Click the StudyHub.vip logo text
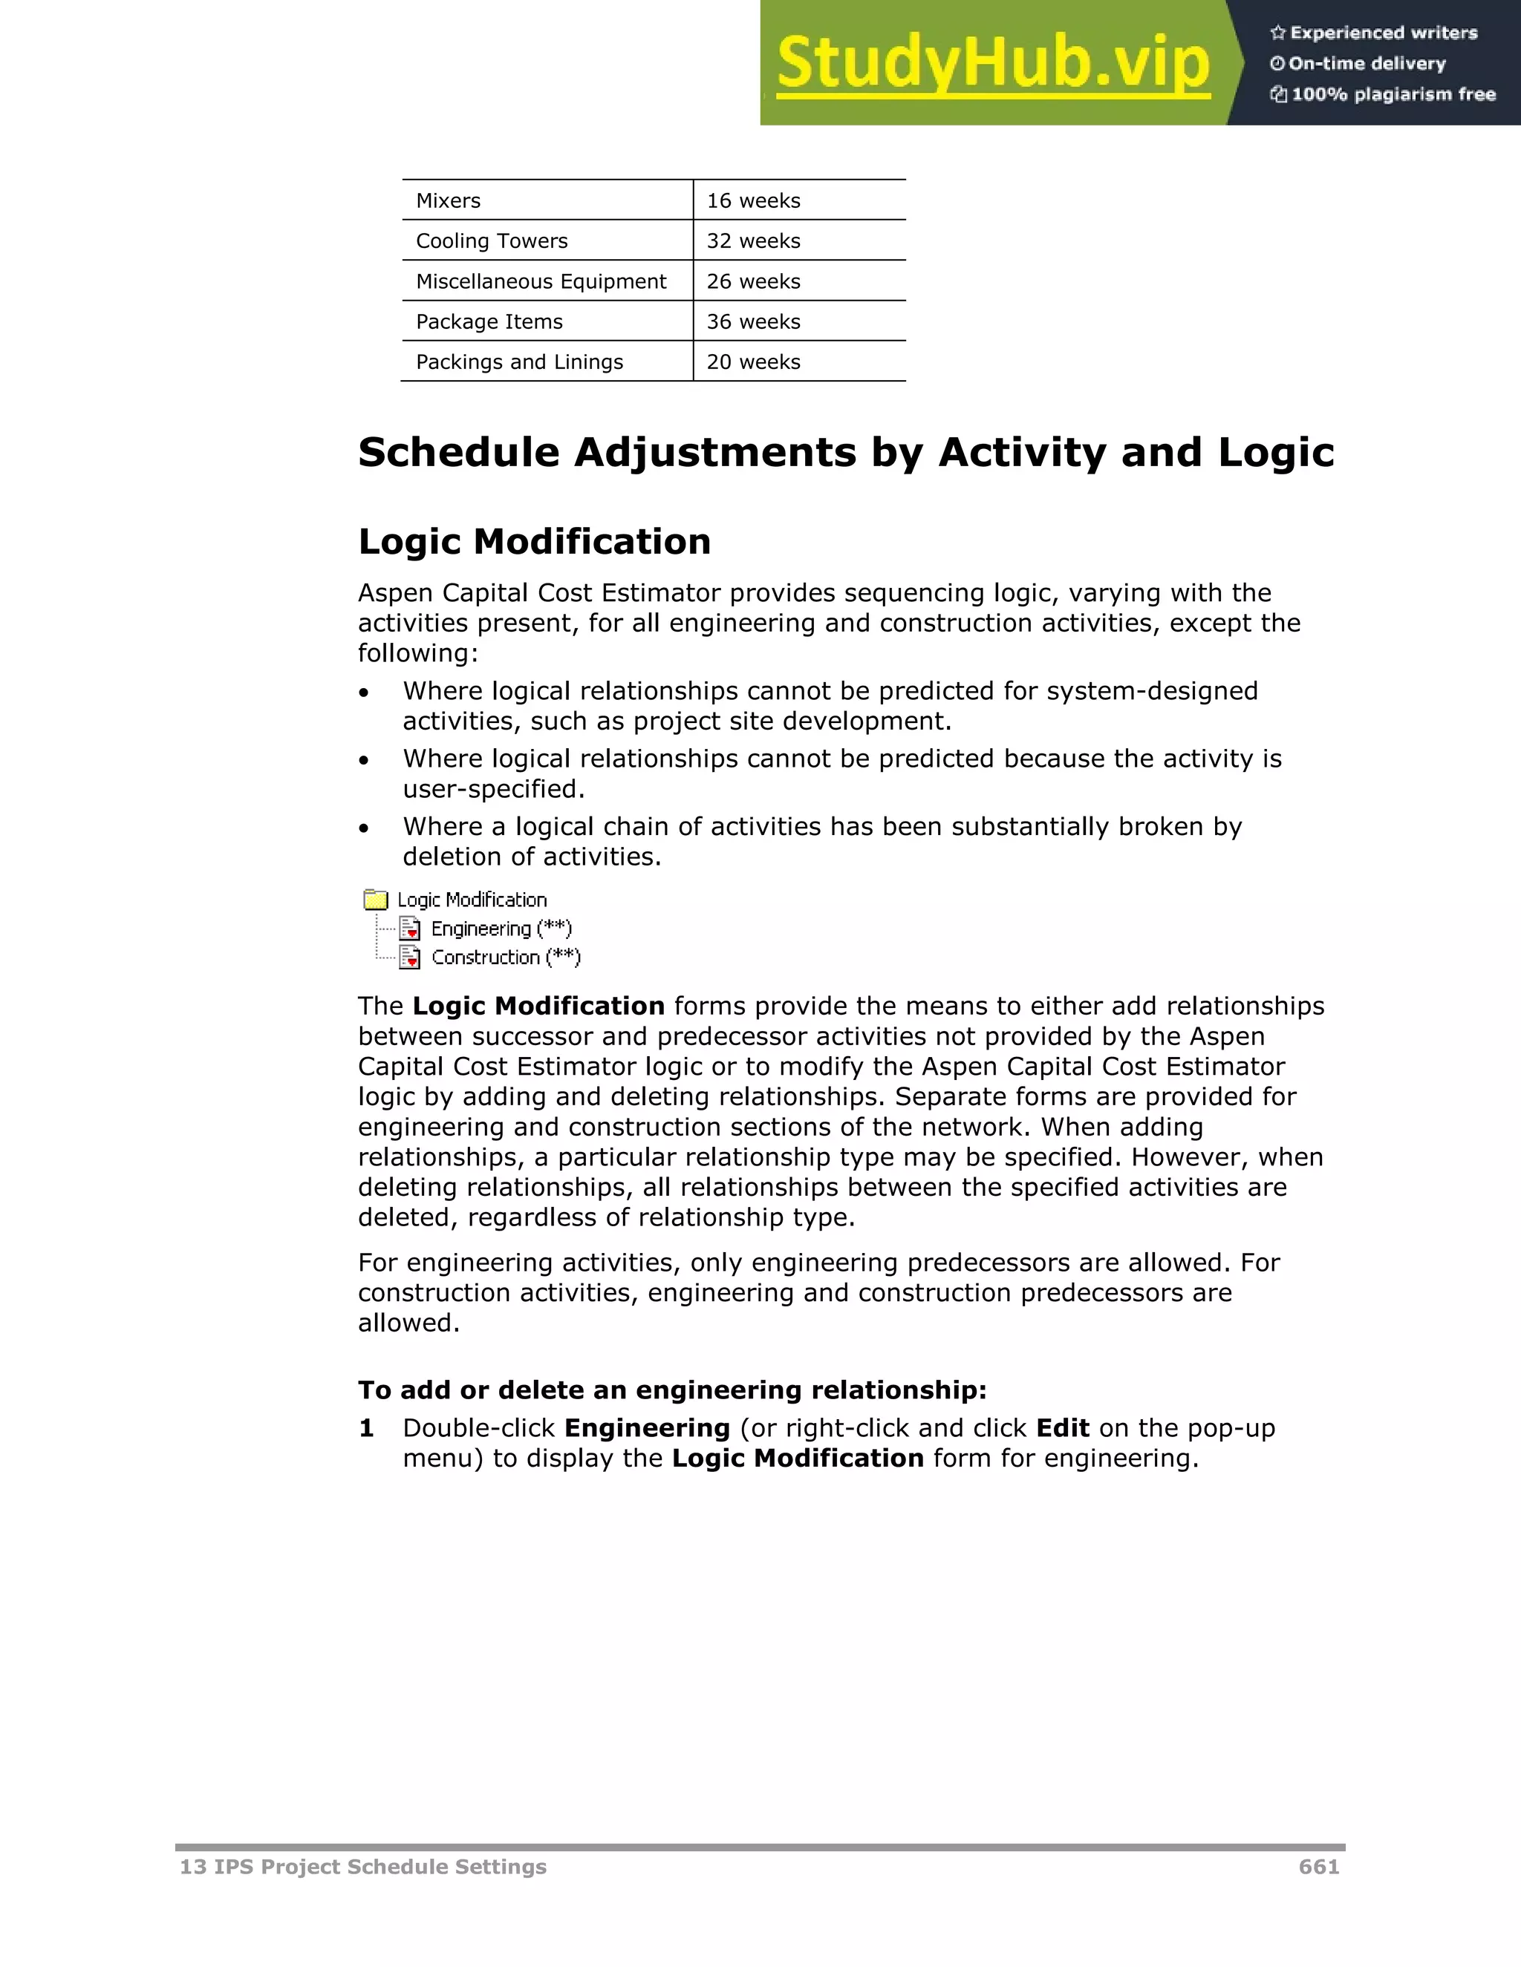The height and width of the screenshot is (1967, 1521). pos(992,63)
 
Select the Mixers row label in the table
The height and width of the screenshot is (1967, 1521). pos(448,201)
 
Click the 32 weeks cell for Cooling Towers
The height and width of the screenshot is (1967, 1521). pos(753,241)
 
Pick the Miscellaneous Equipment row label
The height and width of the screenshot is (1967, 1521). pos(541,282)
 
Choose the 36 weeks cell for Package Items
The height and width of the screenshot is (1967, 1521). pos(753,321)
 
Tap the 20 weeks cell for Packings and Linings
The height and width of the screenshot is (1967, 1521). pos(753,362)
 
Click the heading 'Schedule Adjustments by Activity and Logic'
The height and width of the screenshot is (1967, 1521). pos(845,452)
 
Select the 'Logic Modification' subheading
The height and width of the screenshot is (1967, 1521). pos(534,542)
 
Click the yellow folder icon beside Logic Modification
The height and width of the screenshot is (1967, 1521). pos(376,900)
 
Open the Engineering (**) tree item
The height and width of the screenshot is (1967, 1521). pos(501,929)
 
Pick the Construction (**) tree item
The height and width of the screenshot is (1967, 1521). pos(506,958)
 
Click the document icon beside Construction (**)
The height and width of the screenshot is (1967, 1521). pos(410,958)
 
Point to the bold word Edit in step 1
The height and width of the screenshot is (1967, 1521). pos(1062,1428)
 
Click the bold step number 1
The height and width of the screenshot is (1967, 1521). pos(366,1428)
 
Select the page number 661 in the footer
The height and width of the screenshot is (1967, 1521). pos(1318,1867)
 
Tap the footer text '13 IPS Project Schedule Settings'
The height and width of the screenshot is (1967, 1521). pos(363,1867)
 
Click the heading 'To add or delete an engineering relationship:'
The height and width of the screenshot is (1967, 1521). pos(672,1390)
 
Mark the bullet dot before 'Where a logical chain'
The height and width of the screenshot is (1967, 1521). pos(364,828)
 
